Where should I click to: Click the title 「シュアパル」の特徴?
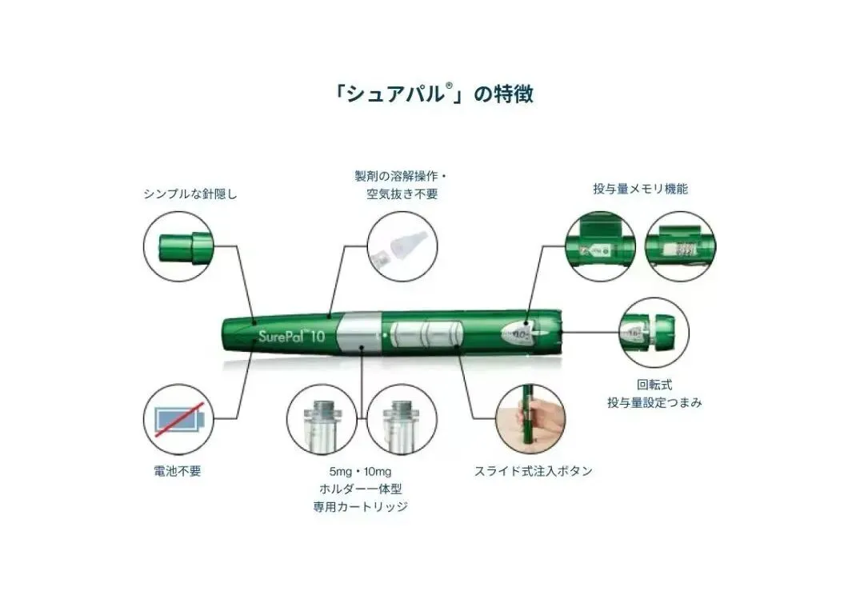[433, 94]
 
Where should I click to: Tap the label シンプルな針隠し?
[190, 194]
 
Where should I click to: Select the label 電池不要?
[177, 471]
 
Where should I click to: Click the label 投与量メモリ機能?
[640, 190]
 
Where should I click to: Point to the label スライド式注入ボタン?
[533, 471]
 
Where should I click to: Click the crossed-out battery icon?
[177, 419]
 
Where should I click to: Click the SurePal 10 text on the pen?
[291, 336]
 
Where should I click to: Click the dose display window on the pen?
[521, 330]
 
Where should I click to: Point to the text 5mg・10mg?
[362, 471]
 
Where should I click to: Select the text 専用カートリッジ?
[362, 507]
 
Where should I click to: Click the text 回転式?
[654, 385]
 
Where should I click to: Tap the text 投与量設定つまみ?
[654, 402]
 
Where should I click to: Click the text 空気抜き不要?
[398, 194]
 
